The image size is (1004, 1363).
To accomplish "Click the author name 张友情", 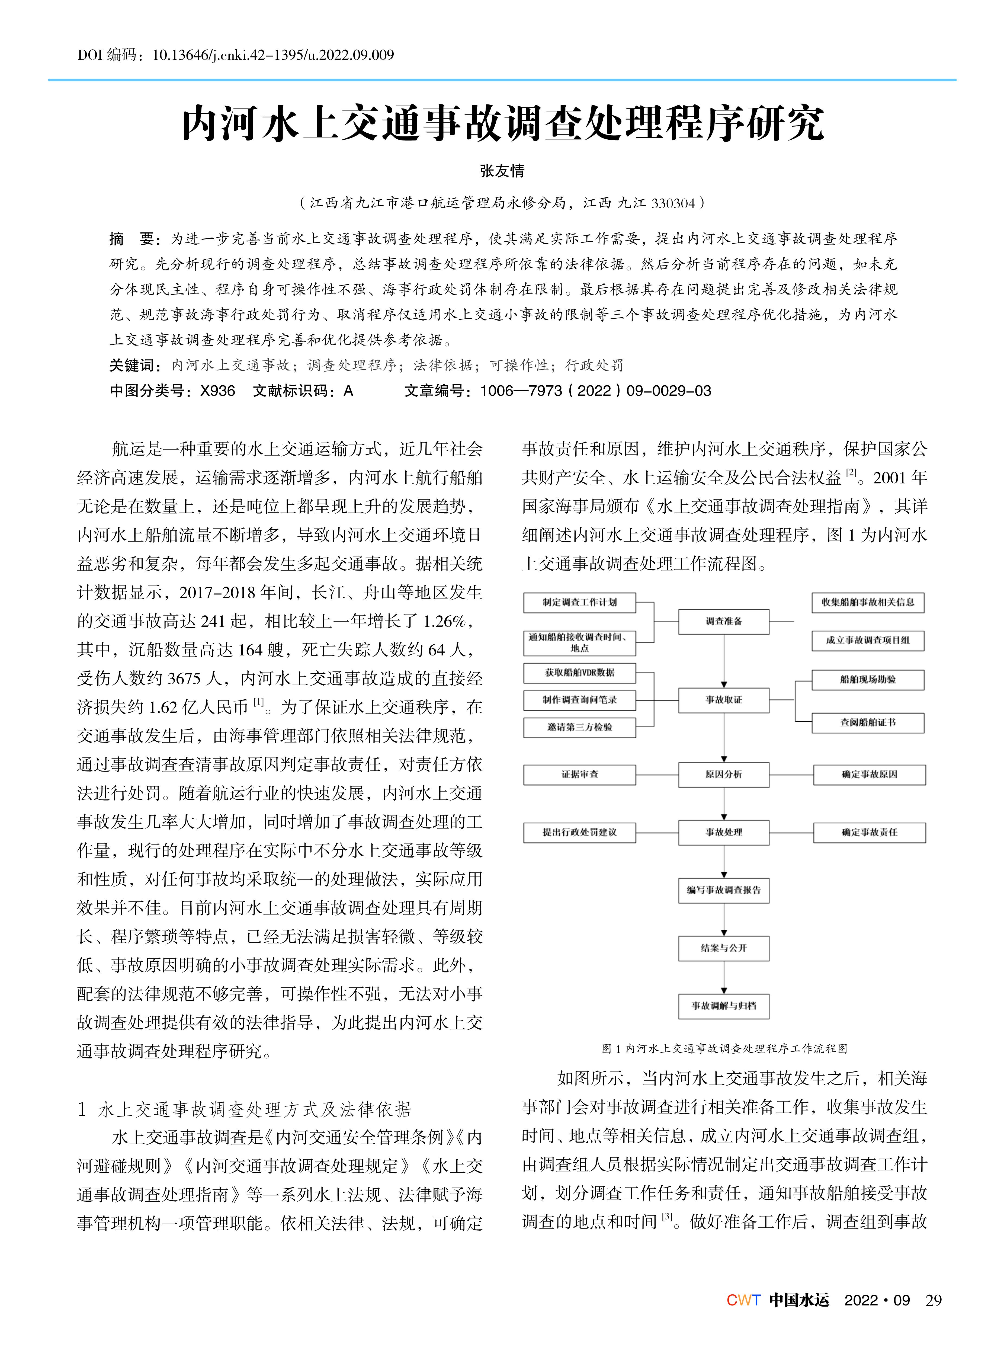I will click(x=502, y=171).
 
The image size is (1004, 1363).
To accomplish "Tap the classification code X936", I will click(x=217, y=391).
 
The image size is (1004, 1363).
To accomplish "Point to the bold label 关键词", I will click(x=133, y=365).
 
